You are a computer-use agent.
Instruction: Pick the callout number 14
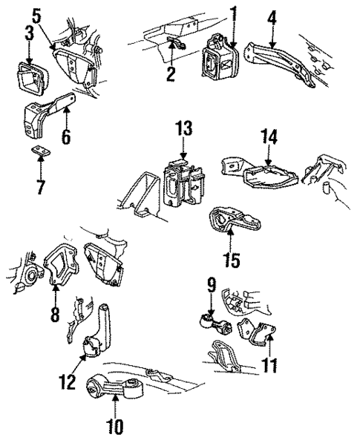tap(269, 136)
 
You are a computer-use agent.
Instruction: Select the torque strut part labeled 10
tap(115, 387)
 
